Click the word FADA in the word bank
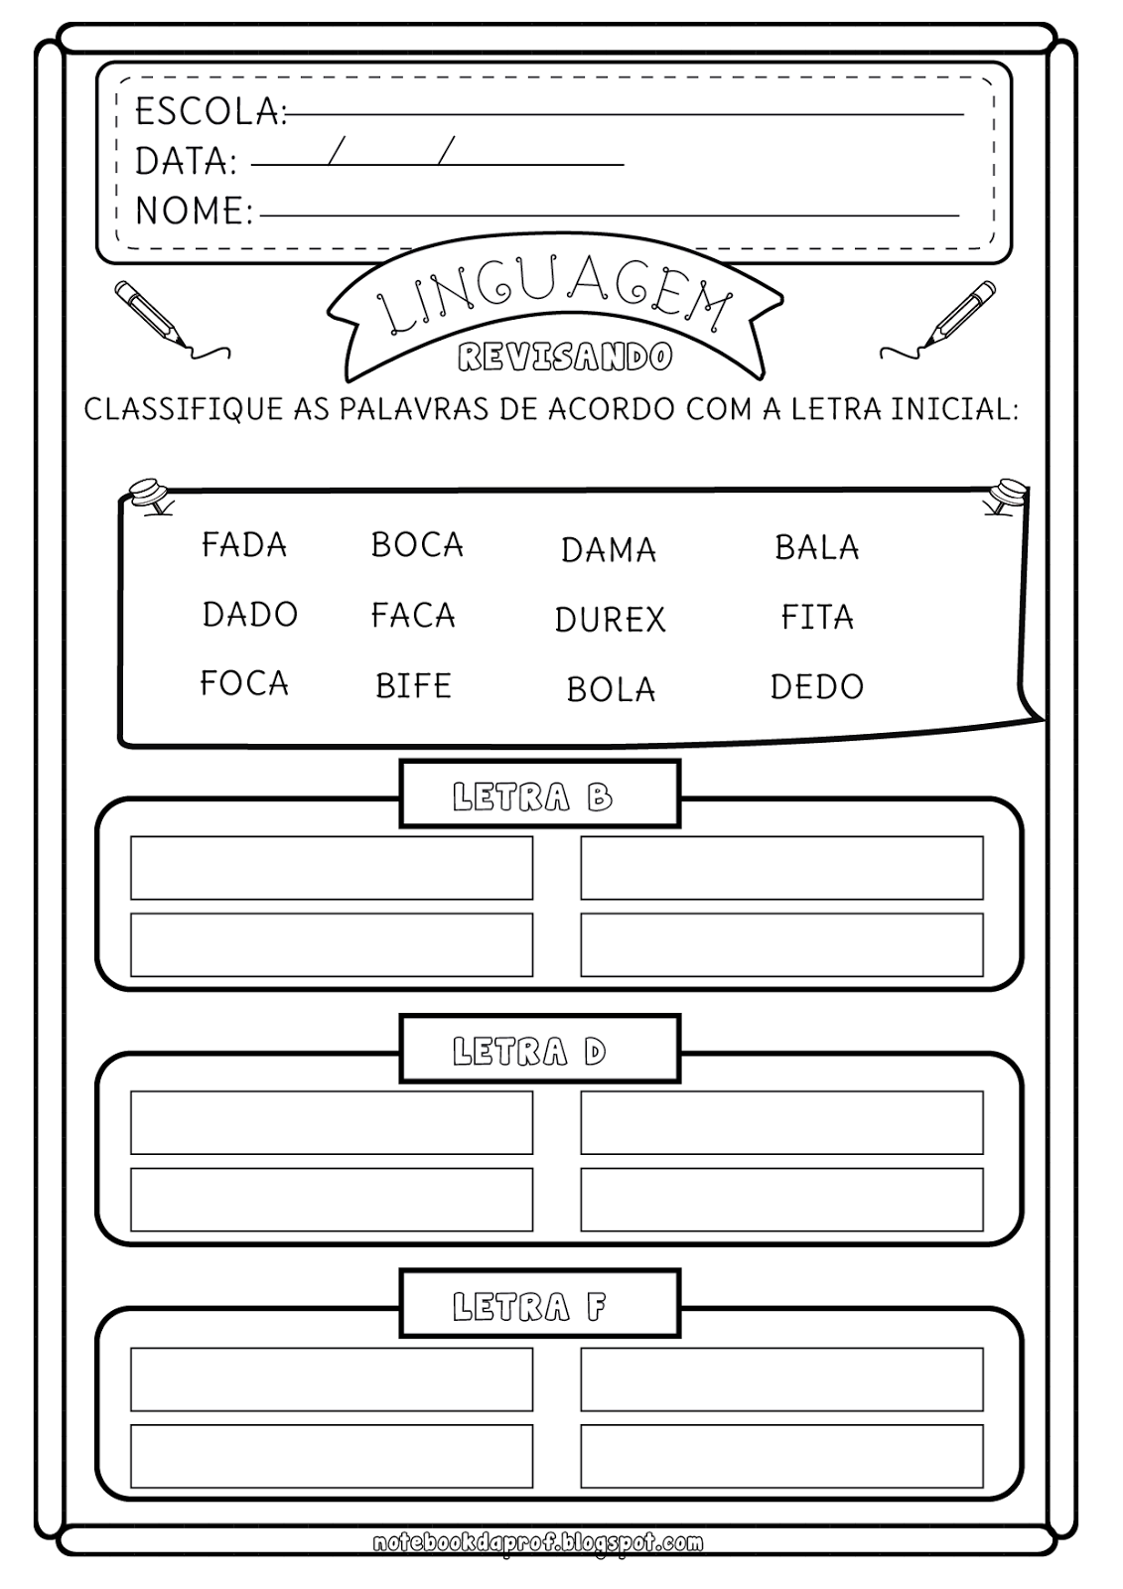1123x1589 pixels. point(244,545)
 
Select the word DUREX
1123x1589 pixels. point(610,620)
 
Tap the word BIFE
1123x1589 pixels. point(414,686)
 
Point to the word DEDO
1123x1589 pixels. point(817,686)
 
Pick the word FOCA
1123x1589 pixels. point(244,683)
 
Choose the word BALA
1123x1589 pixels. point(817,547)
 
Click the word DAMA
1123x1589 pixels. point(609,550)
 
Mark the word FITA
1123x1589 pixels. point(817,617)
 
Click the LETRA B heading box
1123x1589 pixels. point(540,794)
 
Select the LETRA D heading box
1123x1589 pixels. point(540,1049)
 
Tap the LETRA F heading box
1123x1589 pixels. point(540,1303)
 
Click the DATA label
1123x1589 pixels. point(186,161)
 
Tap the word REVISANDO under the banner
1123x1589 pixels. point(565,357)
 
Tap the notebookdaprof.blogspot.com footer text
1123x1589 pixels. point(538,1543)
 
